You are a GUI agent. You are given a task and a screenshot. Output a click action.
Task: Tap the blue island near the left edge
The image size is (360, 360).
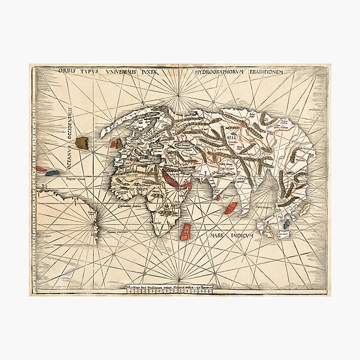click(x=52, y=173)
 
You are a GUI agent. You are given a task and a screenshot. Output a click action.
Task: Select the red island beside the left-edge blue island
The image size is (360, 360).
click(x=41, y=169)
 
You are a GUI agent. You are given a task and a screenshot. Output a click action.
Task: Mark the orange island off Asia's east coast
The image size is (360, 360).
click(x=304, y=208)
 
